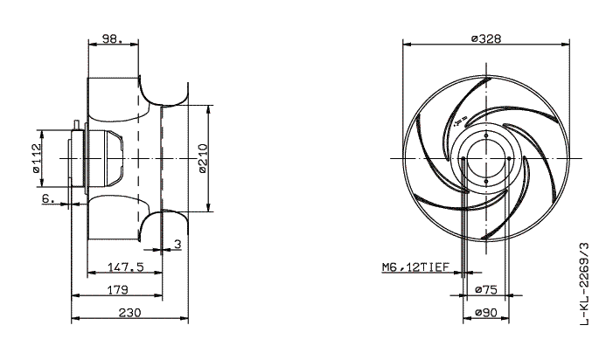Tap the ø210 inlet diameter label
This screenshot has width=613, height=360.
click(x=203, y=158)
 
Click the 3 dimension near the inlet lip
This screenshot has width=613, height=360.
click(x=177, y=246)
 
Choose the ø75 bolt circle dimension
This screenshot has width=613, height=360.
click(x=484, y=288)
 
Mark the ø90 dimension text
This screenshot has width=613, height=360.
click(x=484, y=311)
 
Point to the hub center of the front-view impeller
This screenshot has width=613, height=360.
click(x=484, y=157)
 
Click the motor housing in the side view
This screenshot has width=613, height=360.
click(x=109, y=157)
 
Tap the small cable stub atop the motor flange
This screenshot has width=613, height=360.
click(x=79, y=123)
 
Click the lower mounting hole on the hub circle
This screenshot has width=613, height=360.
click(x=484, y=182)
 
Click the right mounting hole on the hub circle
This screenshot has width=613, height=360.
click(x=509, y=157)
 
